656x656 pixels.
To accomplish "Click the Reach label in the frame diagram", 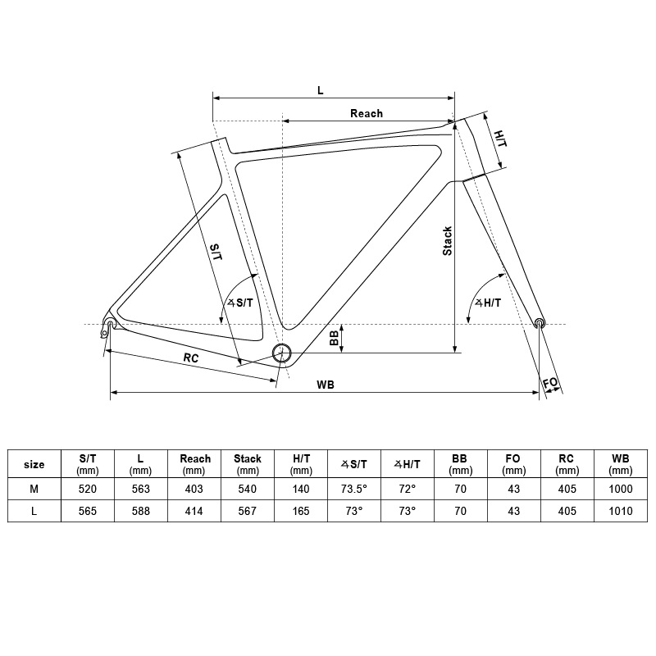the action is pyautogui.click(x=367, y=113).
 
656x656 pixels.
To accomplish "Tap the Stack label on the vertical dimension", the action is pyautogui.click(x=447, y=241).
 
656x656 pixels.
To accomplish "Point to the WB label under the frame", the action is pyautogui.click(x=325, y=385).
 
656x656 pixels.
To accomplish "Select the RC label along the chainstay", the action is pyautogui.click(x=191, y=358).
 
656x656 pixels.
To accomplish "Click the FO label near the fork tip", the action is pyautogui.click(x=550, y=382).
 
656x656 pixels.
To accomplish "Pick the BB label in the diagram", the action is pyautogui.click(x=334, y=338).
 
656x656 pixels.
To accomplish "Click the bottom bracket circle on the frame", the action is pyautogui.click(x=281, y=354).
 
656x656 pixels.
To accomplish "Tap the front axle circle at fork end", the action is pyautogui.click(x=540, y=322).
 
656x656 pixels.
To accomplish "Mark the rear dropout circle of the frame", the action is pyautogui.click(x=111, y=323).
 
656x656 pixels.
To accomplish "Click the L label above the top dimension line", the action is pyautogui.click(x=321, y=90).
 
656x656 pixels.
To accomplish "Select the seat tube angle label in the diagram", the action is pyautogui.click(x=240, y=303).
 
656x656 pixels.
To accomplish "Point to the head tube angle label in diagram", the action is pyautogui.click(x=488, y=303).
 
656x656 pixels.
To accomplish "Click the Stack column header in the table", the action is pyautogui.click(x=248, y=464).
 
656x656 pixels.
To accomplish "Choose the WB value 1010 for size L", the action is pyautogui.click(x=621, y=511).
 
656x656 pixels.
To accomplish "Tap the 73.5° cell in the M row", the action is pyautogui.click(x=354, y=489).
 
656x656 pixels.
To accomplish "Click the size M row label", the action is pyautogui.click(x=34, y=489).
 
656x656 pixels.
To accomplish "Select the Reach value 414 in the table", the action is pyautogui.click(x=194, y=511).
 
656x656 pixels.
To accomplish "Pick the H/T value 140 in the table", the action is pyautogui.click(x=301, y=489).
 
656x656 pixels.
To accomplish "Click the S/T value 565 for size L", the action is pyautogui.click(x=88, y=511).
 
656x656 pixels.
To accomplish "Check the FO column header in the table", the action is pyautogui.click(x=513, y=464).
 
